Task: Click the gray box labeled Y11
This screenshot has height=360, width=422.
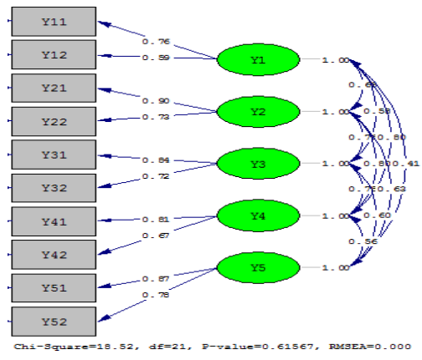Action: click(x=54, y=21)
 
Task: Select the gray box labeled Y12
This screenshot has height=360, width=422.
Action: click(x=54, y=54)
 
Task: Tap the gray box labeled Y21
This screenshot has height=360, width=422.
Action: click(x=54, y=88)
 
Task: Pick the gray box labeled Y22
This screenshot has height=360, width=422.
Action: click(x=54, y=121)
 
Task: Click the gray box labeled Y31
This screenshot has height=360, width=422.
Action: click(x=54, y=155)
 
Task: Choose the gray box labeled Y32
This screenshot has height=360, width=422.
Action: click(x=54, y=188)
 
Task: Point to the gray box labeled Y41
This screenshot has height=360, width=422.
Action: click(x=54, y=221)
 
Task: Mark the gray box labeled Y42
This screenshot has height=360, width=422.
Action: click(x=54, y=254)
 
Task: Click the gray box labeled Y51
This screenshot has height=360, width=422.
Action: click(x=54, y=287)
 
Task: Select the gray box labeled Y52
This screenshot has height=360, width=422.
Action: click(x=54, y=321)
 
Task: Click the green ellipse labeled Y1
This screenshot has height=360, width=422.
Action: click(x=257, y=60)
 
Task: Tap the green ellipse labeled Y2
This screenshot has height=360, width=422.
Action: click(x=257, y=112)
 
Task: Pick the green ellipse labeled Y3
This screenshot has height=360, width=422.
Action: click(x=257, y=164)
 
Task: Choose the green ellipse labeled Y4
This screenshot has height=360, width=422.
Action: click(x=257, y=215)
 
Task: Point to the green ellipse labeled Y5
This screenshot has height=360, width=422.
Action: click(x=257, y=267)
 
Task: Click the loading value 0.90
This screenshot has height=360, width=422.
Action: click(x=156, y=100)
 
